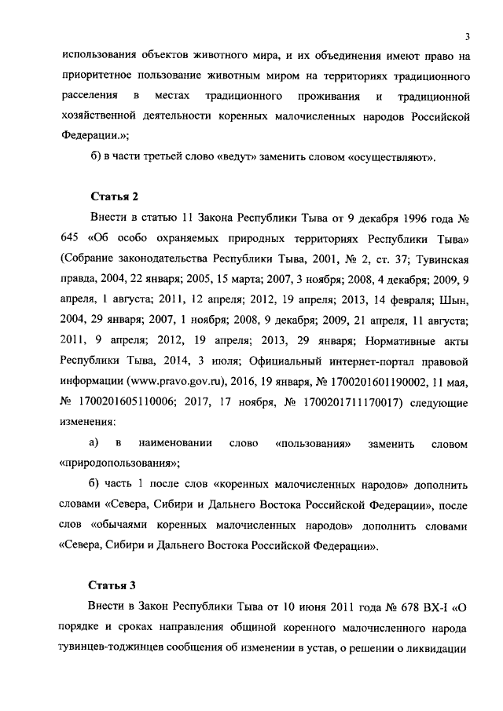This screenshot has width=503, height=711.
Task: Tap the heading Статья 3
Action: click(x=115, y=583)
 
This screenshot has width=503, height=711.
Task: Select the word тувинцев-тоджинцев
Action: click(x=119, y=650)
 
